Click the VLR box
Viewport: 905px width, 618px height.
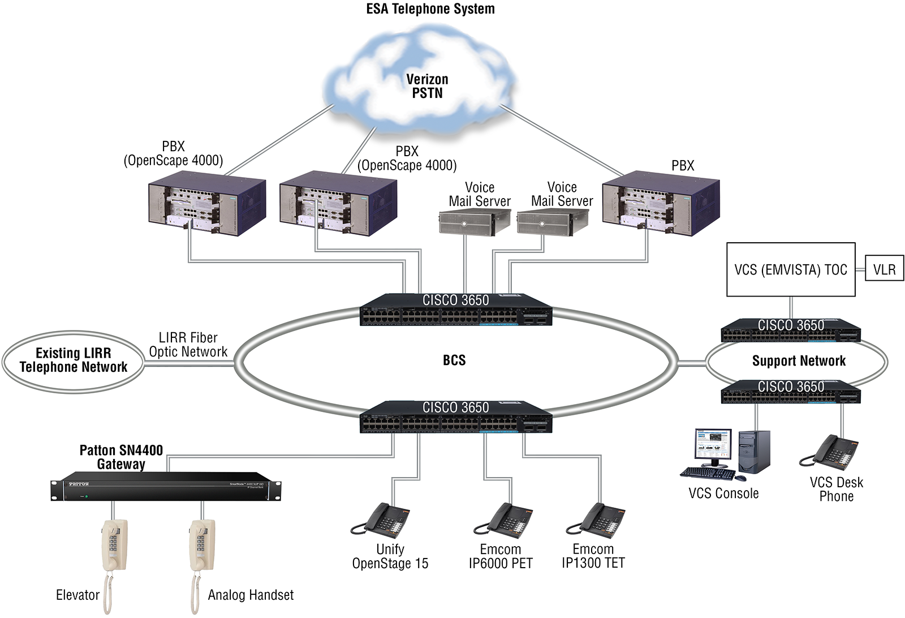(x=884, y=268)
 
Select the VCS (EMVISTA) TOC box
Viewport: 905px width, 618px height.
(x=791, y=269)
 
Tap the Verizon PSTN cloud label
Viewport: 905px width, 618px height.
(x=427, y=86)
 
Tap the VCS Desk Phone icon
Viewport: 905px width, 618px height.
(x=829, y=452)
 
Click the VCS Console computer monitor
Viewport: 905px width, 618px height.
(x=713, y=448)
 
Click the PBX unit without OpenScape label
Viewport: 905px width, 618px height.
(x=661, y=203)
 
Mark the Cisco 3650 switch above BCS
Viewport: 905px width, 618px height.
(x=456, y=310)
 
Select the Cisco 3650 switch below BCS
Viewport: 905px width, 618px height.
(x=456, y=417)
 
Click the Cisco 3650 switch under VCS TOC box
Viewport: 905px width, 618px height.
(x=791, y=330)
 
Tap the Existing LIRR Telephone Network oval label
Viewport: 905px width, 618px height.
(x=73, y=360)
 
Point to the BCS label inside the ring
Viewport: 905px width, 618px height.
(x=454, y=360)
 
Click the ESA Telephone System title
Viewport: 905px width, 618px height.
(x=430, y=8)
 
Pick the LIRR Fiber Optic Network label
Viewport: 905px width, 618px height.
(x=188, y=344)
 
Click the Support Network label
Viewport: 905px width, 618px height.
(x=799, y=360)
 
